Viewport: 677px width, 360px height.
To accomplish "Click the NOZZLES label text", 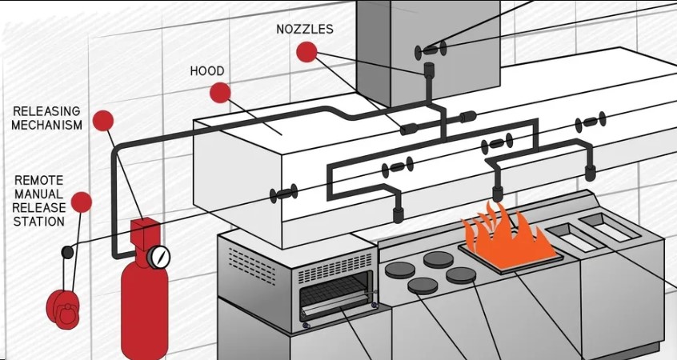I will pos(304,30).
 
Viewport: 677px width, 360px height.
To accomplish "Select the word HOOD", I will pos(206,71).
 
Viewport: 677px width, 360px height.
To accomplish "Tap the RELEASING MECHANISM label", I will pos(47,118).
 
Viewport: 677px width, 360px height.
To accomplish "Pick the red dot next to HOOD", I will pos(220,93).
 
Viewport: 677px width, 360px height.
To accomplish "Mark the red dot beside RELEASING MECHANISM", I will pos(102,121).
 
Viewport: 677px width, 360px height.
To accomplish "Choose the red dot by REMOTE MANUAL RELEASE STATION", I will pos(81,202).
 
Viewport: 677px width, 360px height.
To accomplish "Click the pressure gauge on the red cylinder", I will pos(158,256).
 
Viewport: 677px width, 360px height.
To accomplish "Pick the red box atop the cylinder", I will pos(145,233).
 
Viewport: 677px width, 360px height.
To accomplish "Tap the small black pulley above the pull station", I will pos(67,252).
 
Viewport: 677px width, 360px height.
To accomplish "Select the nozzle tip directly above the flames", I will pos(497,193).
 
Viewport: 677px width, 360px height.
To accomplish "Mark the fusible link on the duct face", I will pos(430,51).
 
